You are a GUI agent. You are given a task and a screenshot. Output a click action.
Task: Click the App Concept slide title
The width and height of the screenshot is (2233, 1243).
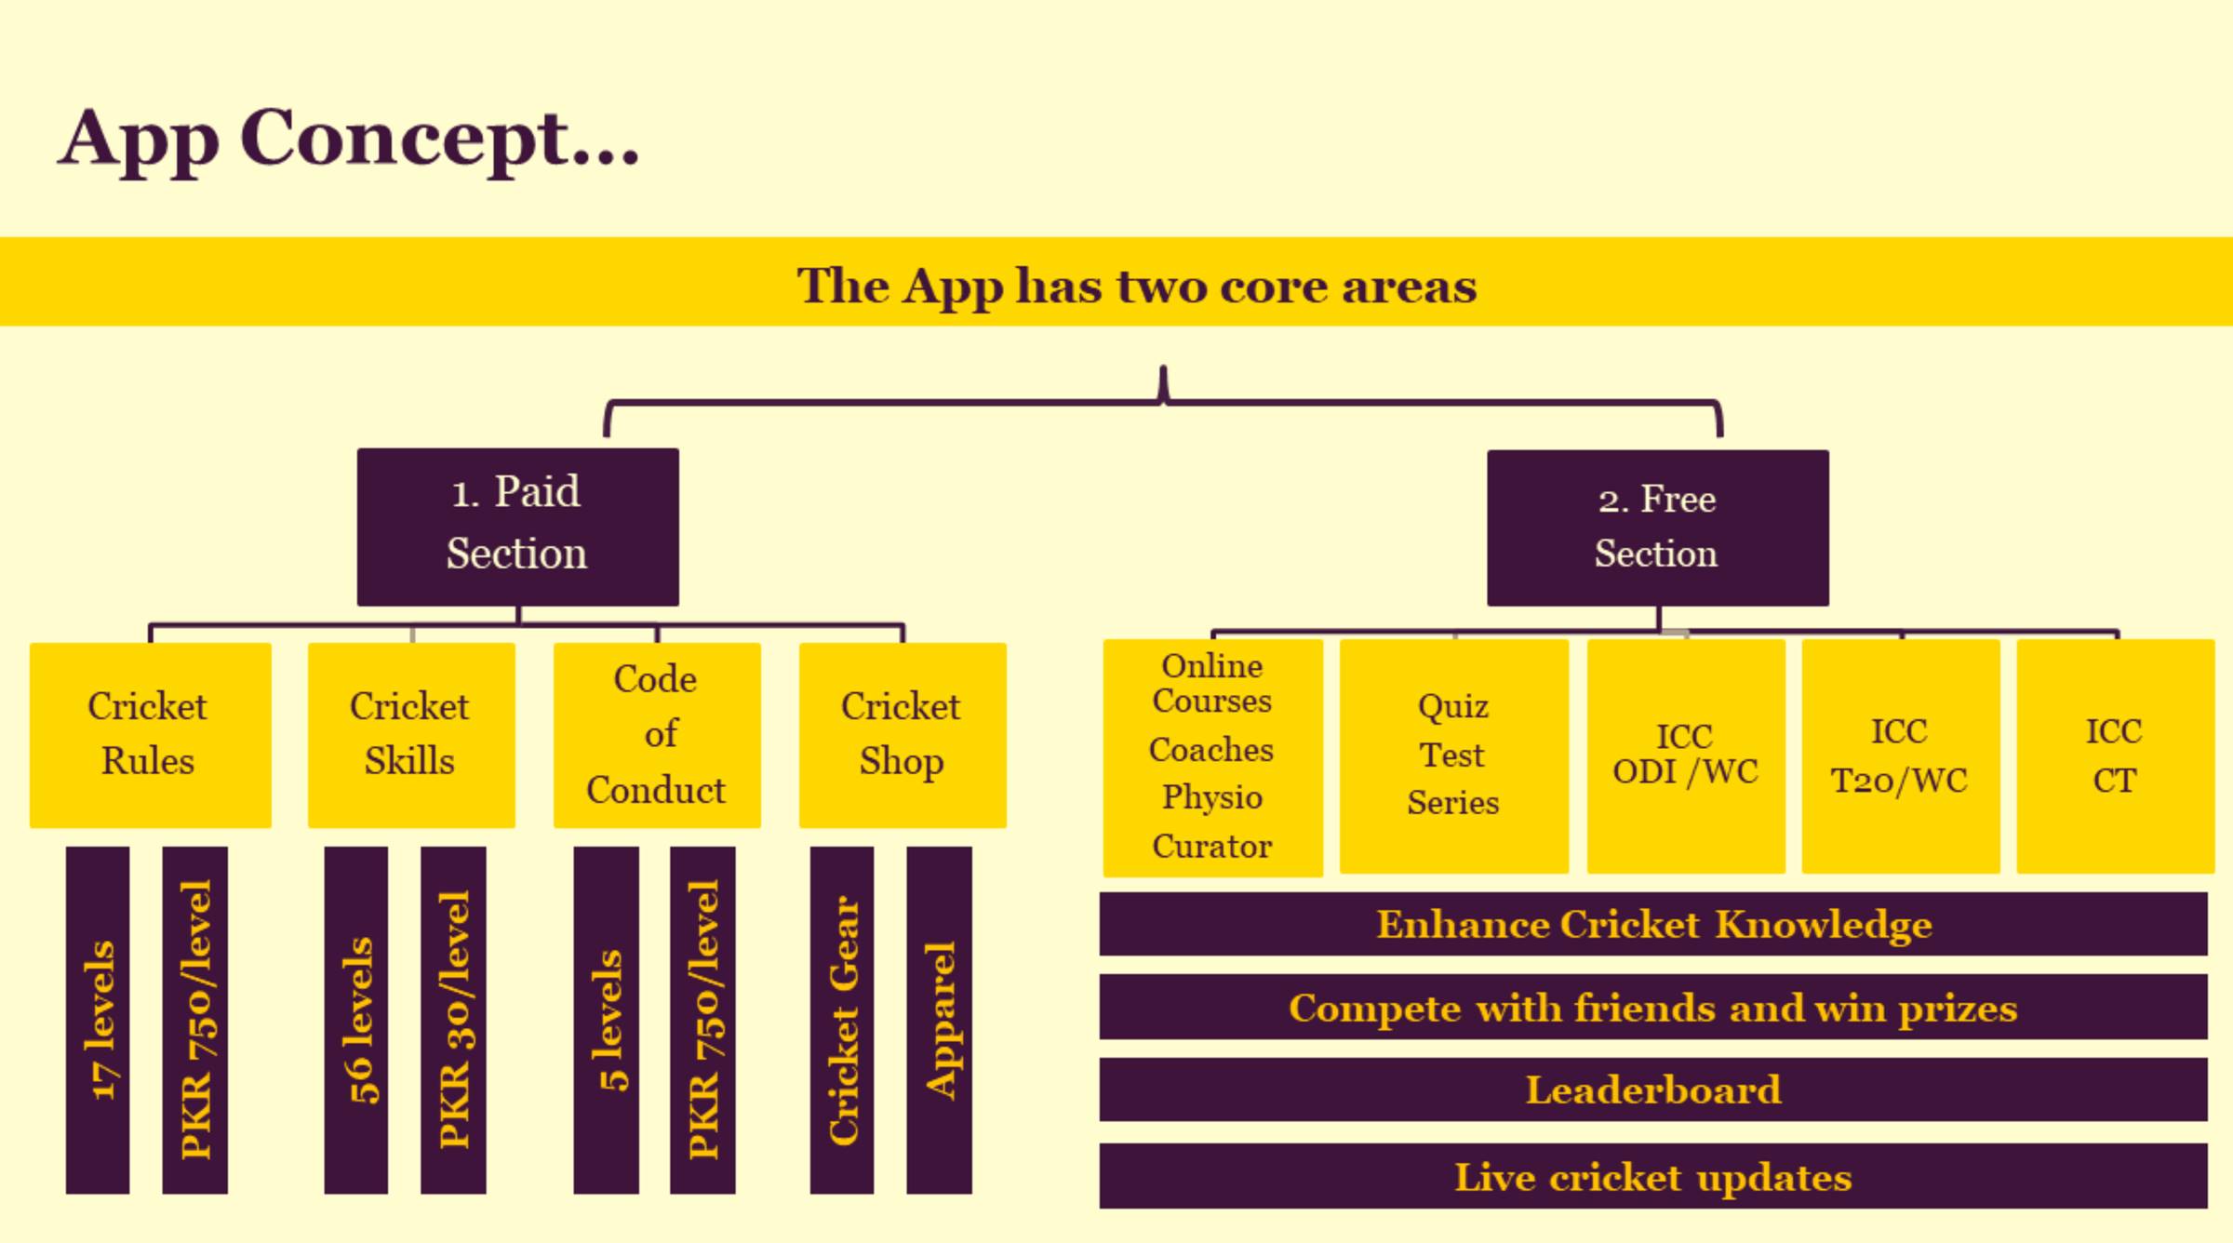point(349,140)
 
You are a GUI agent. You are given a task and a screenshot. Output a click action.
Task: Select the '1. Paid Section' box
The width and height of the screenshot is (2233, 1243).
point(518,527)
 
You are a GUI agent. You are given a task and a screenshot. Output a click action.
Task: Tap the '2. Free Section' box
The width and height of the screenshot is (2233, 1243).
point(1658,528)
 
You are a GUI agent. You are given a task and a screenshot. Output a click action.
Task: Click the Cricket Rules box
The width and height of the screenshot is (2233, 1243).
point(151,735)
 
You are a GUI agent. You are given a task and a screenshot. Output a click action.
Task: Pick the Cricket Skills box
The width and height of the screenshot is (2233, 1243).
point(411,735)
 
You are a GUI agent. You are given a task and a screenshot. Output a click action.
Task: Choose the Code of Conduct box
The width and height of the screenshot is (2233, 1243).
point(657,735)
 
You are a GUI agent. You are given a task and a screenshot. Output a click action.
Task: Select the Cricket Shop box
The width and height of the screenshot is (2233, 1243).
point(903,735)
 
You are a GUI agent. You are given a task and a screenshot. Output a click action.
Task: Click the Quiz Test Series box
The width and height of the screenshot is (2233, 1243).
point(1454,756)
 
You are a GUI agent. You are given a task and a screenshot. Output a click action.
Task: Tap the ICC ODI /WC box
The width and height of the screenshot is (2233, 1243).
point(1686,756)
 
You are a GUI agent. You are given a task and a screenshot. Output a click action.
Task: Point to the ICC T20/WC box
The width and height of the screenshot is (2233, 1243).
point(1901,756)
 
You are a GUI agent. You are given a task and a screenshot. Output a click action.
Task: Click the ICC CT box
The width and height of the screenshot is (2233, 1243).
point(2116,756)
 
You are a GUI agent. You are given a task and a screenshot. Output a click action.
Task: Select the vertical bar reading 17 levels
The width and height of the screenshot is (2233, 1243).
point(98,1020)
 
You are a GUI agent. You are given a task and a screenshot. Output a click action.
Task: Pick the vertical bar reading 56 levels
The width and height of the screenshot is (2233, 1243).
point(356,1020)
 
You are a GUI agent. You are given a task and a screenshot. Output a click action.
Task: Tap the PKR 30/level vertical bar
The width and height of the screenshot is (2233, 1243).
point(453,1020)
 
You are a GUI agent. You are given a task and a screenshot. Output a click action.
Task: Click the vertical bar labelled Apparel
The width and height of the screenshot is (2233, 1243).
point(940,1020)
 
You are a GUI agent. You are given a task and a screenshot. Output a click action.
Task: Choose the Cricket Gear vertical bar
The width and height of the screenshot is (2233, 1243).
point(842,1020)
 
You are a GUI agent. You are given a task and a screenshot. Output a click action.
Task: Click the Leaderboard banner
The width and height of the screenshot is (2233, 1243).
point(1653,1089)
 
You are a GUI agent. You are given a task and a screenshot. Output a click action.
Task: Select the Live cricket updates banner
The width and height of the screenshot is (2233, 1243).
point(1653,1176)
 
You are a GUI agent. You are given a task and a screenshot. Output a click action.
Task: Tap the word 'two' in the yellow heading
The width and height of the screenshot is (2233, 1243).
point(1161,287)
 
